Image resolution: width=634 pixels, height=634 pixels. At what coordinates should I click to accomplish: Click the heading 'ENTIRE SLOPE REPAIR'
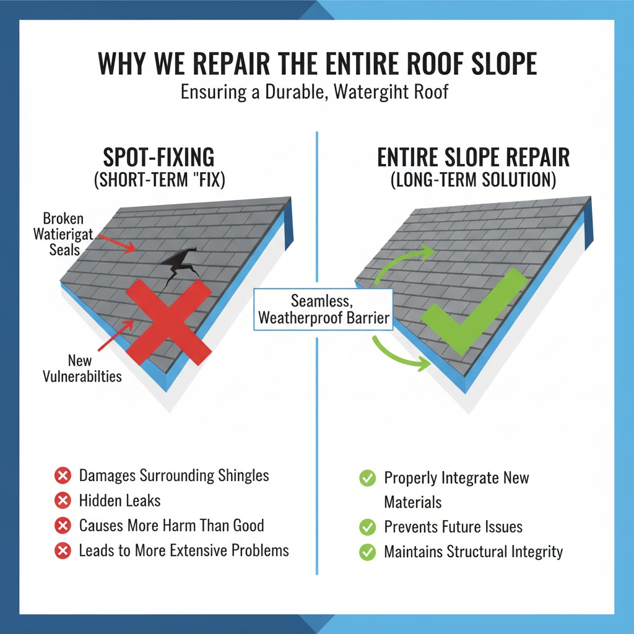pos(473,157)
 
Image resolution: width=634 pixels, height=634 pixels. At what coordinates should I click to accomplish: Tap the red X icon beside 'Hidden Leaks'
pos(62,501)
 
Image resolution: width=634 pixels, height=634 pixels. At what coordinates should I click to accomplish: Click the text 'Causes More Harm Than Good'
pos(172,526)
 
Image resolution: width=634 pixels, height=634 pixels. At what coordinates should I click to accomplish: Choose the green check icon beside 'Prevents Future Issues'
pos(368,528)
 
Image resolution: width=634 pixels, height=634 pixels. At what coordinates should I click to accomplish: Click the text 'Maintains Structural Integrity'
pos(473,552)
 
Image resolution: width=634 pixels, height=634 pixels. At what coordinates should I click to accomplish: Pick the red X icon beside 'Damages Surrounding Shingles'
pos(62,475)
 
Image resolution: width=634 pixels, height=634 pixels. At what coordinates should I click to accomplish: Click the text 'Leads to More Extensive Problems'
pos(184,550)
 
